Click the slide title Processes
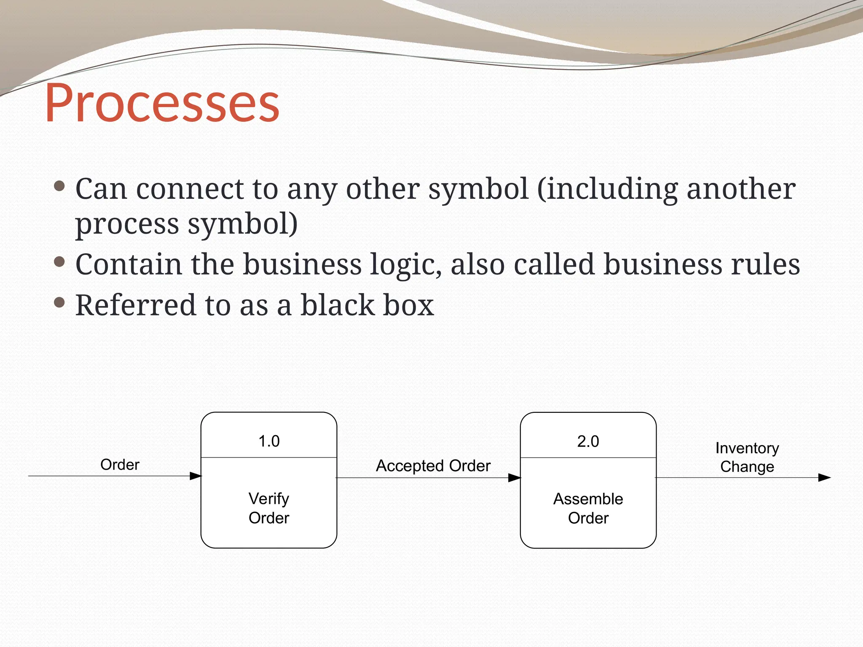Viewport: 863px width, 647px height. tap(162, 103)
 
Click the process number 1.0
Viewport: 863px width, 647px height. tap(269, 441)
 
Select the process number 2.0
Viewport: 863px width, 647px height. tap(588, 441)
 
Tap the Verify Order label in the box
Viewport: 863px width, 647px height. tap(269, 508)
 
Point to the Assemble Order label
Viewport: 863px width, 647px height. tap(588, 508)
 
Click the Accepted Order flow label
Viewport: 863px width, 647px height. tap(433, 466)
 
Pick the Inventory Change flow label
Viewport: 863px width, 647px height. tap(747, 457)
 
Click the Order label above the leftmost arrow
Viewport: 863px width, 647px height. tap(120, 465)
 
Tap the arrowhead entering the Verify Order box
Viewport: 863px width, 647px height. tap(196, 476)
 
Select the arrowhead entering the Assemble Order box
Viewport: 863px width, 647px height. tap(515, 478)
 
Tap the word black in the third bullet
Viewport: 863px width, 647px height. tap(338, 305)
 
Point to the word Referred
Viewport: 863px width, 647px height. tap(135, 305)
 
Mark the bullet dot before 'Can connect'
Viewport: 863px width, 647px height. tap(59, 186)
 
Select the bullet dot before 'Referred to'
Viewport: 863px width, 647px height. tap(59, 302)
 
